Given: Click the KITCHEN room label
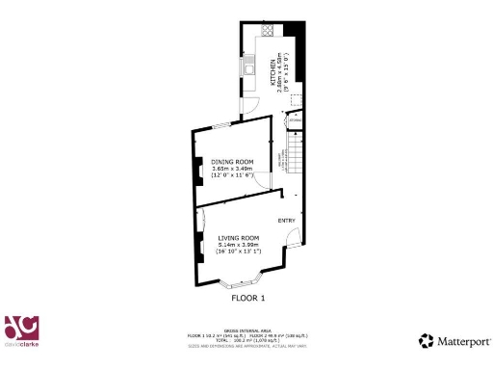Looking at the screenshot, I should point(273,70).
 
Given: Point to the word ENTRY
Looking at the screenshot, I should point(286,222).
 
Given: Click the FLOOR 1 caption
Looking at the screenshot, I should point(246,299).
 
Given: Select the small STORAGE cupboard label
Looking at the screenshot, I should point(295,119).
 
